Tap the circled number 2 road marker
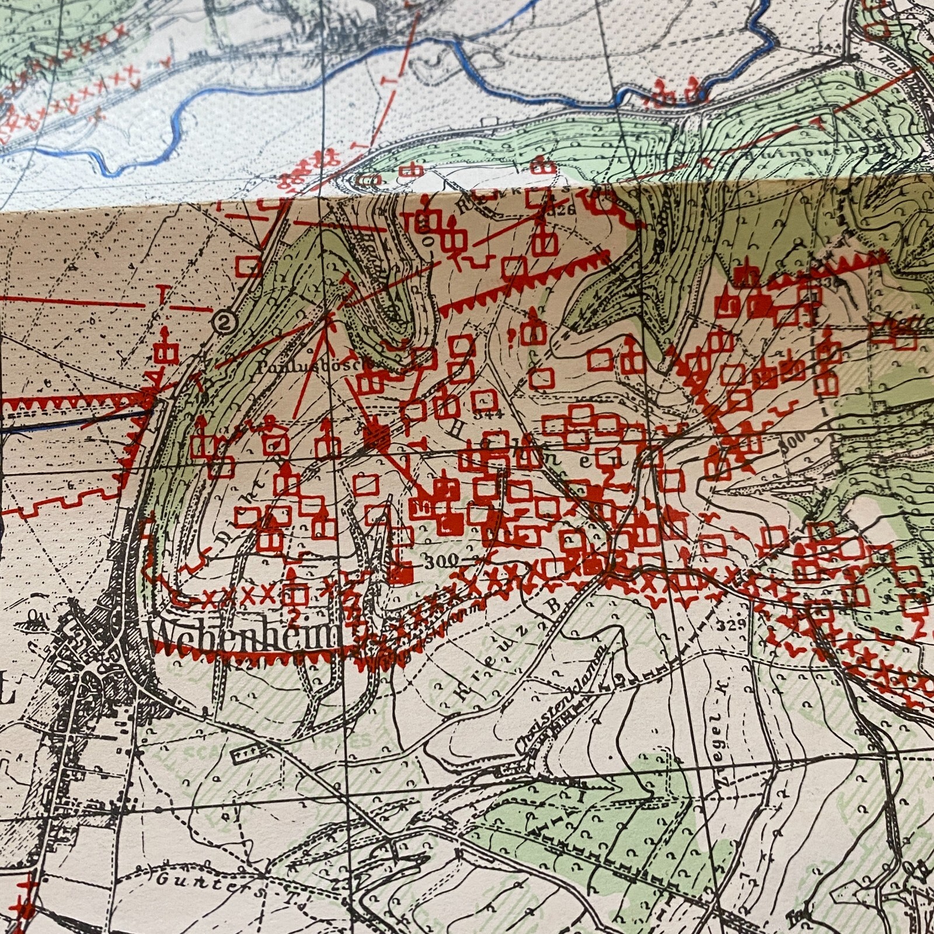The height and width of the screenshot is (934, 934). [x=221, y=322]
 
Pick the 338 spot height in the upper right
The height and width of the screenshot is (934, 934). [x=845, y=282]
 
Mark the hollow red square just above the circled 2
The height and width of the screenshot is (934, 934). [x=252, y=267]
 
